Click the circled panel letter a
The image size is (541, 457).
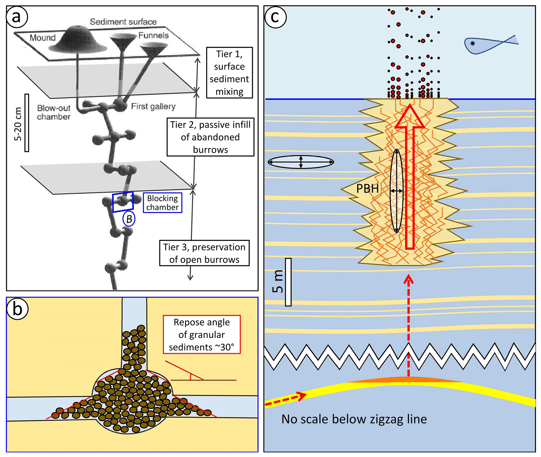click(x=16, y=17)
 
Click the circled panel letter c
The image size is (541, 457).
click(x=275, y=17)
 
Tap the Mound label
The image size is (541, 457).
click(x=42, y=38)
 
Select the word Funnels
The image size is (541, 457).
click(x=153, y=35)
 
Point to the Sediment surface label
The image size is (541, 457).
click(x=123, y=22)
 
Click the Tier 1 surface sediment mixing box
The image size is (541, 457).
click(x=229, y=73)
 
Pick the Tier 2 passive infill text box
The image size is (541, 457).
click(x=210, y=137)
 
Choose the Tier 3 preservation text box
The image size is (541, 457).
click(x=204, y=253)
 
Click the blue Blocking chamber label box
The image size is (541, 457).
click(x=162, y=203)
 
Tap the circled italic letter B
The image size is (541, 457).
click(x=129, y=219)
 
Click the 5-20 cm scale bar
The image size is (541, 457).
click(x=27, y=123)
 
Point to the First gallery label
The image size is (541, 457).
click(x=153, y=106)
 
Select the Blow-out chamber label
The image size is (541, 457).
click(x=54, y=112)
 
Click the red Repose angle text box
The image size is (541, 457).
click(x=202, y=334)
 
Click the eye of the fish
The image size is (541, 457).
click(x=472, y=43)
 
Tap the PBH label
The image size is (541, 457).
click(x=367, y=189)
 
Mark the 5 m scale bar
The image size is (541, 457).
click(x=288, y=282)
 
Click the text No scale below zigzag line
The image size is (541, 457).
click(x=354, y=419)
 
